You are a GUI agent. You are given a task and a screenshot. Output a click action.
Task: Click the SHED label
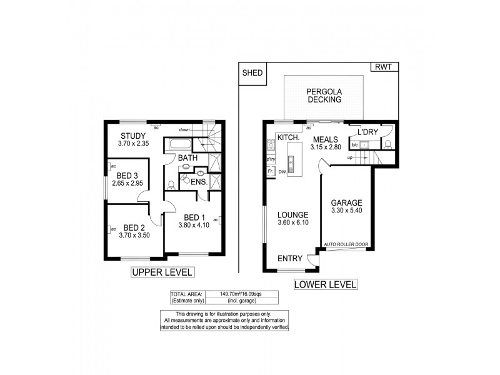(x=253, y=72)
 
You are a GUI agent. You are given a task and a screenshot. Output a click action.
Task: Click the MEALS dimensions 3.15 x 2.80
(x=325, y=147)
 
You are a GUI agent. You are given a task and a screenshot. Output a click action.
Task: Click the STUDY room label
(x=132, y=136)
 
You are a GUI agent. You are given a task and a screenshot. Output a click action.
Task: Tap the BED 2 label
(x=134, y=227)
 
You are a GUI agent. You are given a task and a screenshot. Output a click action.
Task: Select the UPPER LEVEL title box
(x=162, y=272)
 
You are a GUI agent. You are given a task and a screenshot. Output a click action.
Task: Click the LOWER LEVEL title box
(x=325, y=284)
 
